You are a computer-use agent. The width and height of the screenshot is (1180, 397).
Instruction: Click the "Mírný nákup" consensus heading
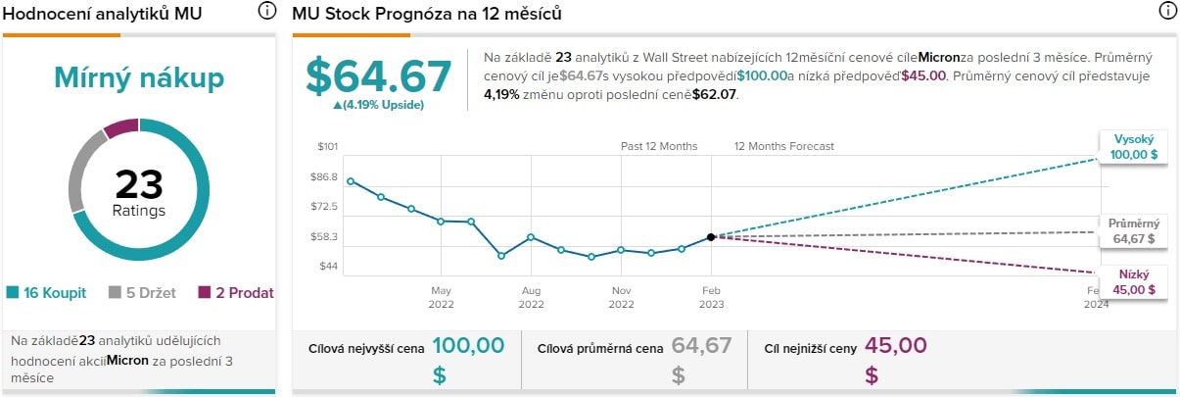tap(138, 77)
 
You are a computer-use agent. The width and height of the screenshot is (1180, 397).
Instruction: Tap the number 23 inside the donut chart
tap(138, 184)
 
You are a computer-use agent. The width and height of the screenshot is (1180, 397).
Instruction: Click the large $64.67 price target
tap(379, 76)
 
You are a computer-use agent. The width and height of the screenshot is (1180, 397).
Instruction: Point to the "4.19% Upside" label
tap(379, 105)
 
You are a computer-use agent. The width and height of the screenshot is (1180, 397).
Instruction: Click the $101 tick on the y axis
tap(327, 147)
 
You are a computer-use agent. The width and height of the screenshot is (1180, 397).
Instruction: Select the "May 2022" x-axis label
tap(441, 297)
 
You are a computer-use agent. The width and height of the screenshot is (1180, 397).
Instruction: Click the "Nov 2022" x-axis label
tap(621, 297)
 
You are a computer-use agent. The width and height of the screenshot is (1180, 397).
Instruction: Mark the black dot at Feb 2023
tap(711, 236)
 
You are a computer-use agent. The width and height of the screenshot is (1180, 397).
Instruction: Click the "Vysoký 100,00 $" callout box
tap(1134, 148)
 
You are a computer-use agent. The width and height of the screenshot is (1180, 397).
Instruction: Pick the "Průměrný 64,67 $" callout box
tap(1132, 230)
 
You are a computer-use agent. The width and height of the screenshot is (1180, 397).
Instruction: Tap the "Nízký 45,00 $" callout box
tap(1134, 282)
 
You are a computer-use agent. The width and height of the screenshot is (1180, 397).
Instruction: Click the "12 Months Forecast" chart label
tap(784, 146)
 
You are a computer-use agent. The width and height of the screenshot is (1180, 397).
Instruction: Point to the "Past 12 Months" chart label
tap(659, 146)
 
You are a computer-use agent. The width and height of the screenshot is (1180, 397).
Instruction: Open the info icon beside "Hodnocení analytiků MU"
tap(266, 11)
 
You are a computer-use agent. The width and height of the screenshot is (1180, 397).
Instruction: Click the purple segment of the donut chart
tap(122, 127)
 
